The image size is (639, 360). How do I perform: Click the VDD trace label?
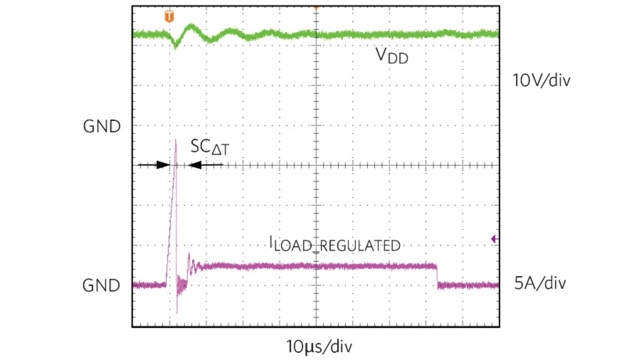[x=391, y=55]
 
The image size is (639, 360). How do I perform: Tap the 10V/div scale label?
[x=541, y=80]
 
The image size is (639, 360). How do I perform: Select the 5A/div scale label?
[x=540, y=284]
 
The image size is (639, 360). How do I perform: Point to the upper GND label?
[x=102, y=126]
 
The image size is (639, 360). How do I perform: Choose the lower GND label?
[x=102, y=286]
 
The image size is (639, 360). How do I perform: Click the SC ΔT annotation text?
[x=210, y=147]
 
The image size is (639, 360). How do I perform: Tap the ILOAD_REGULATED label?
[x=334, y=244]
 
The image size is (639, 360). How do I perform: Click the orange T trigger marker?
[x=170, y=16]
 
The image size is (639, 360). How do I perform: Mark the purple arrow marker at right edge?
[x=494, y=239]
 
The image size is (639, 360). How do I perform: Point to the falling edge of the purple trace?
[x=437, y=276]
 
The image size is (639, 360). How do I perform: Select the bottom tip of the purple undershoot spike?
[x=177, y=313]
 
